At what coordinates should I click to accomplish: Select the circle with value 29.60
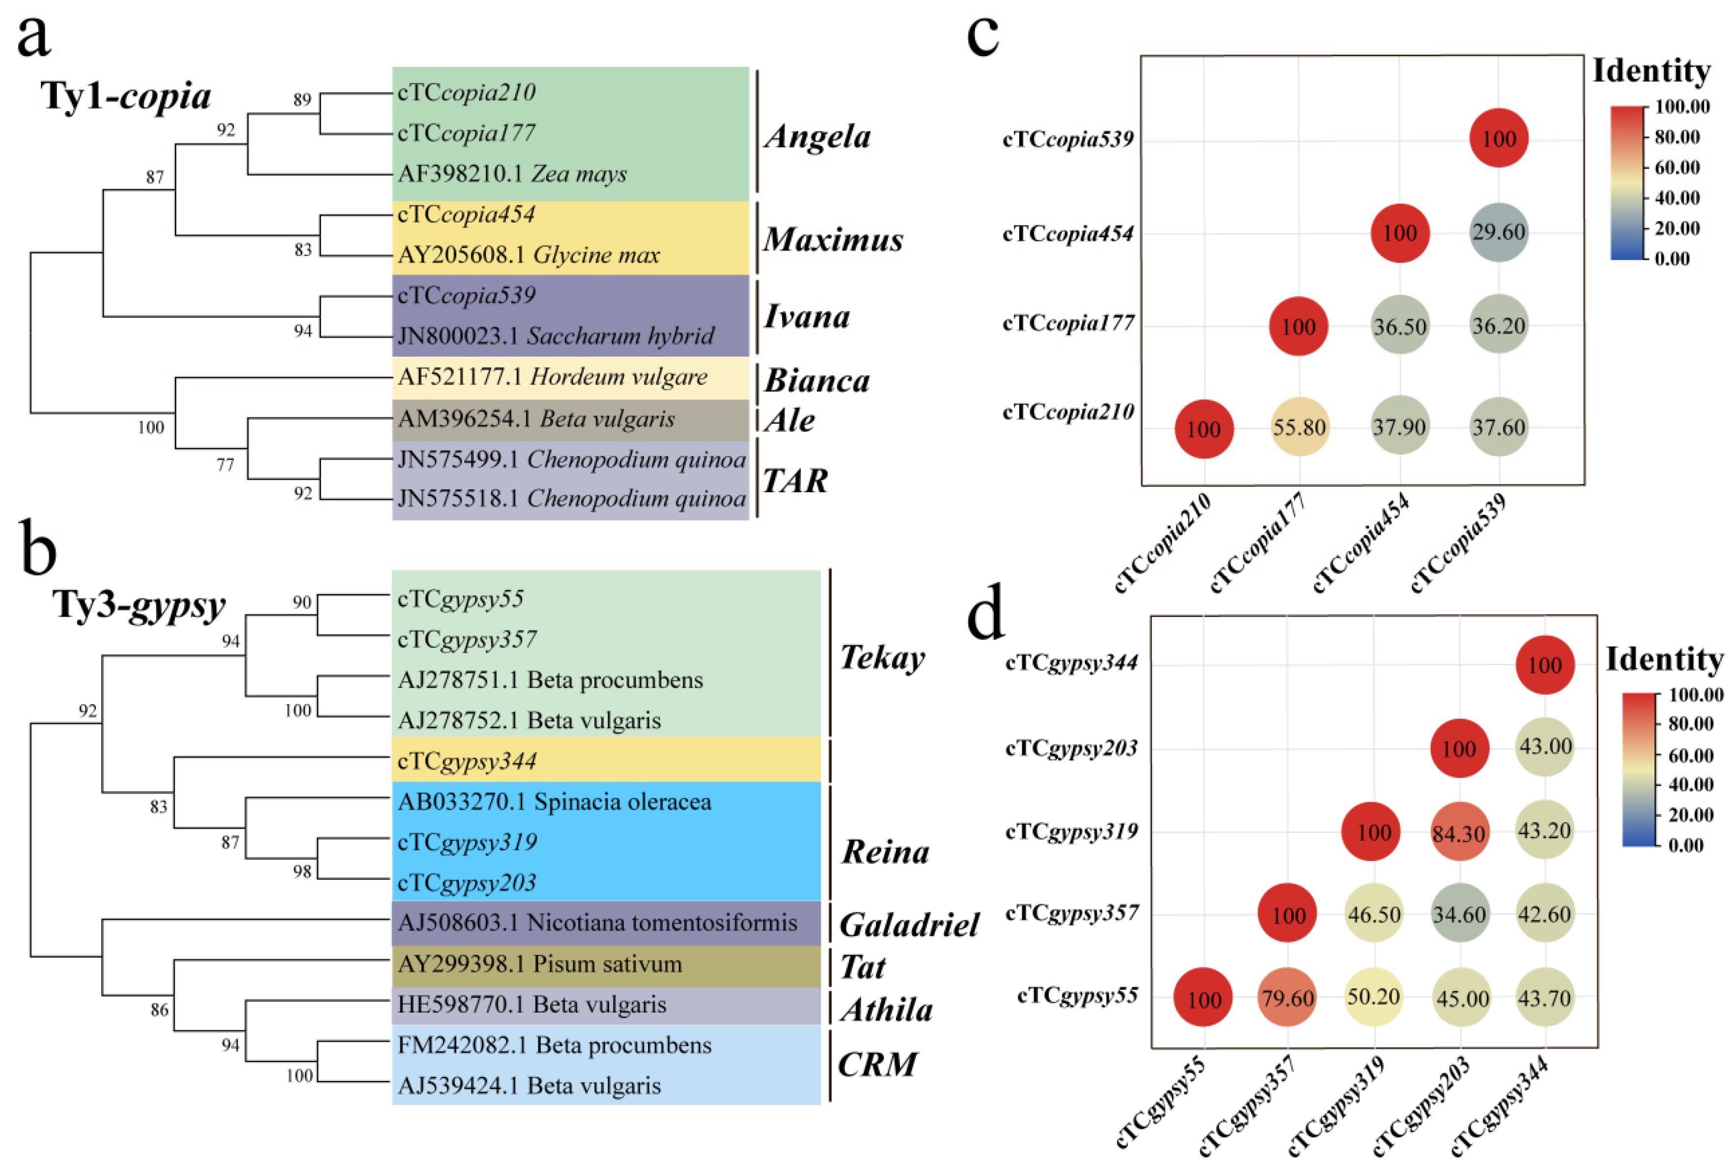coord(1498,232)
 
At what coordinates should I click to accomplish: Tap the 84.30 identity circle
coord(1459,833)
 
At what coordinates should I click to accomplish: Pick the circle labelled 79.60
coord(1287,996)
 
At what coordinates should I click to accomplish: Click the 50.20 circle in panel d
coord(1373,996)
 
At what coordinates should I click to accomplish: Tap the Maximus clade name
coord(833,239)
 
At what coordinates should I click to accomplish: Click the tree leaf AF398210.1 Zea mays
coord(512,174)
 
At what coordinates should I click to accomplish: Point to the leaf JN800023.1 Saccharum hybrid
coord(556,336)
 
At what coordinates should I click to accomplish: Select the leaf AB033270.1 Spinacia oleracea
coord(554,802)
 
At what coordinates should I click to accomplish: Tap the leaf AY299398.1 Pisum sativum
coord(539,964)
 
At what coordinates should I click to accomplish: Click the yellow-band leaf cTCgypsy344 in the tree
coord(467,761)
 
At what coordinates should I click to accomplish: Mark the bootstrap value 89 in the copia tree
coord(302,100)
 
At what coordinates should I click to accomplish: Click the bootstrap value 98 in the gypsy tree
coord(302,871)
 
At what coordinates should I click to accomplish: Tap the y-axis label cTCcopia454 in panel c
coord(1067,233)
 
